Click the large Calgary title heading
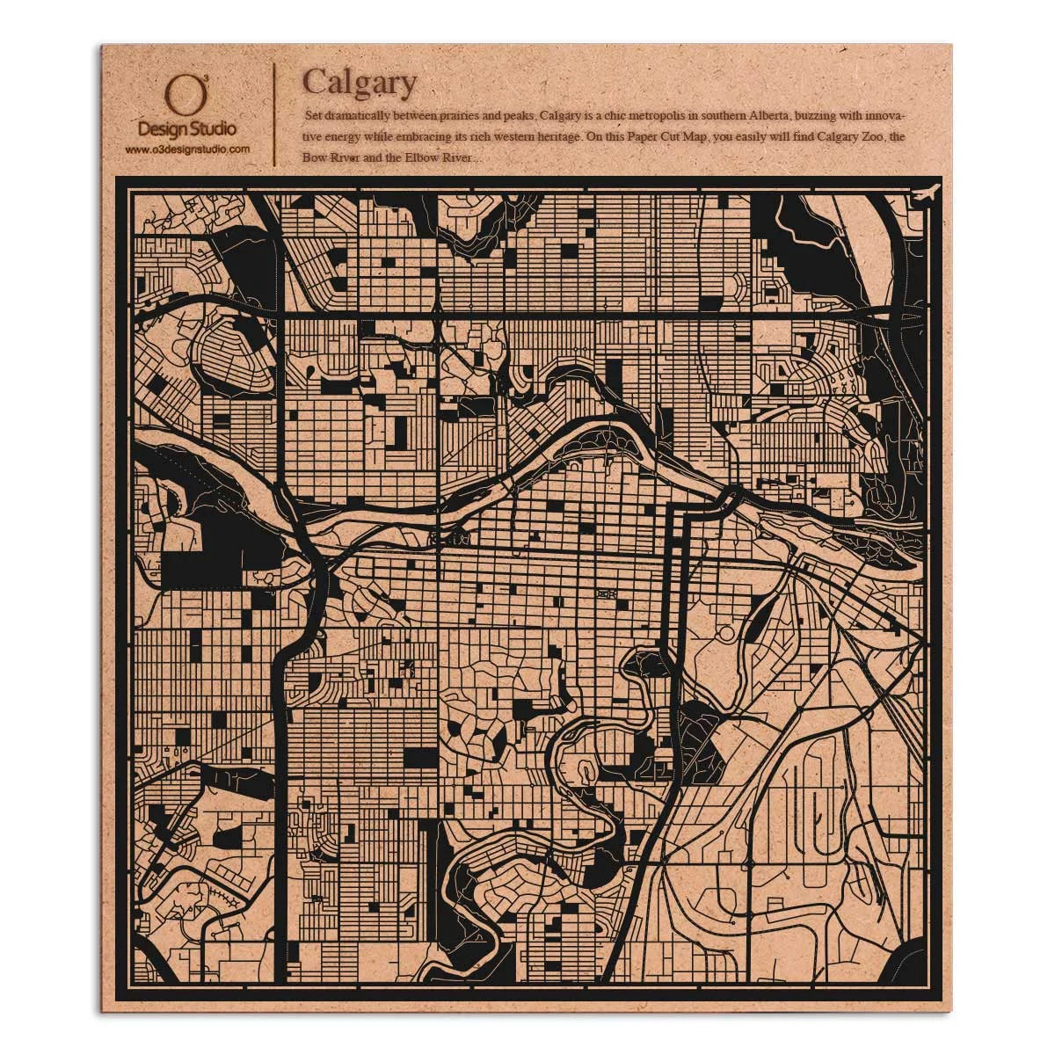[359, 84]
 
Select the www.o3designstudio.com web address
[186, 149]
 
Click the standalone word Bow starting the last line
[314, 158]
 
